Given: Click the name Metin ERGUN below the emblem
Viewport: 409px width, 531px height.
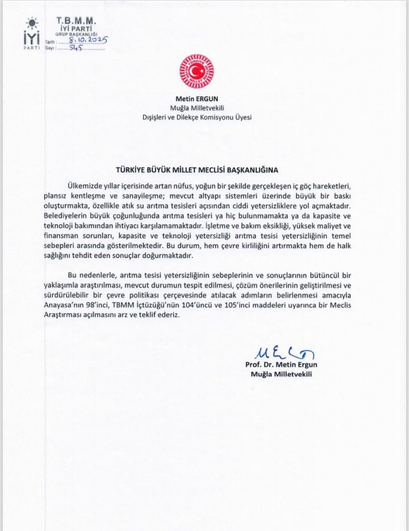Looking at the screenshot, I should click(196, 99).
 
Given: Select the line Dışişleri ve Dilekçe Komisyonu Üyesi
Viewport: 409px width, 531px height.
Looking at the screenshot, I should click(196, 117).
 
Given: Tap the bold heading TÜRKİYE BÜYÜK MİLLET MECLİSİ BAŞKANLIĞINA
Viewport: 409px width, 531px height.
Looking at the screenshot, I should click(197, 170).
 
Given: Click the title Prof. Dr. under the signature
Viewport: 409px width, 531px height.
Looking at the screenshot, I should click(257, 364).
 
